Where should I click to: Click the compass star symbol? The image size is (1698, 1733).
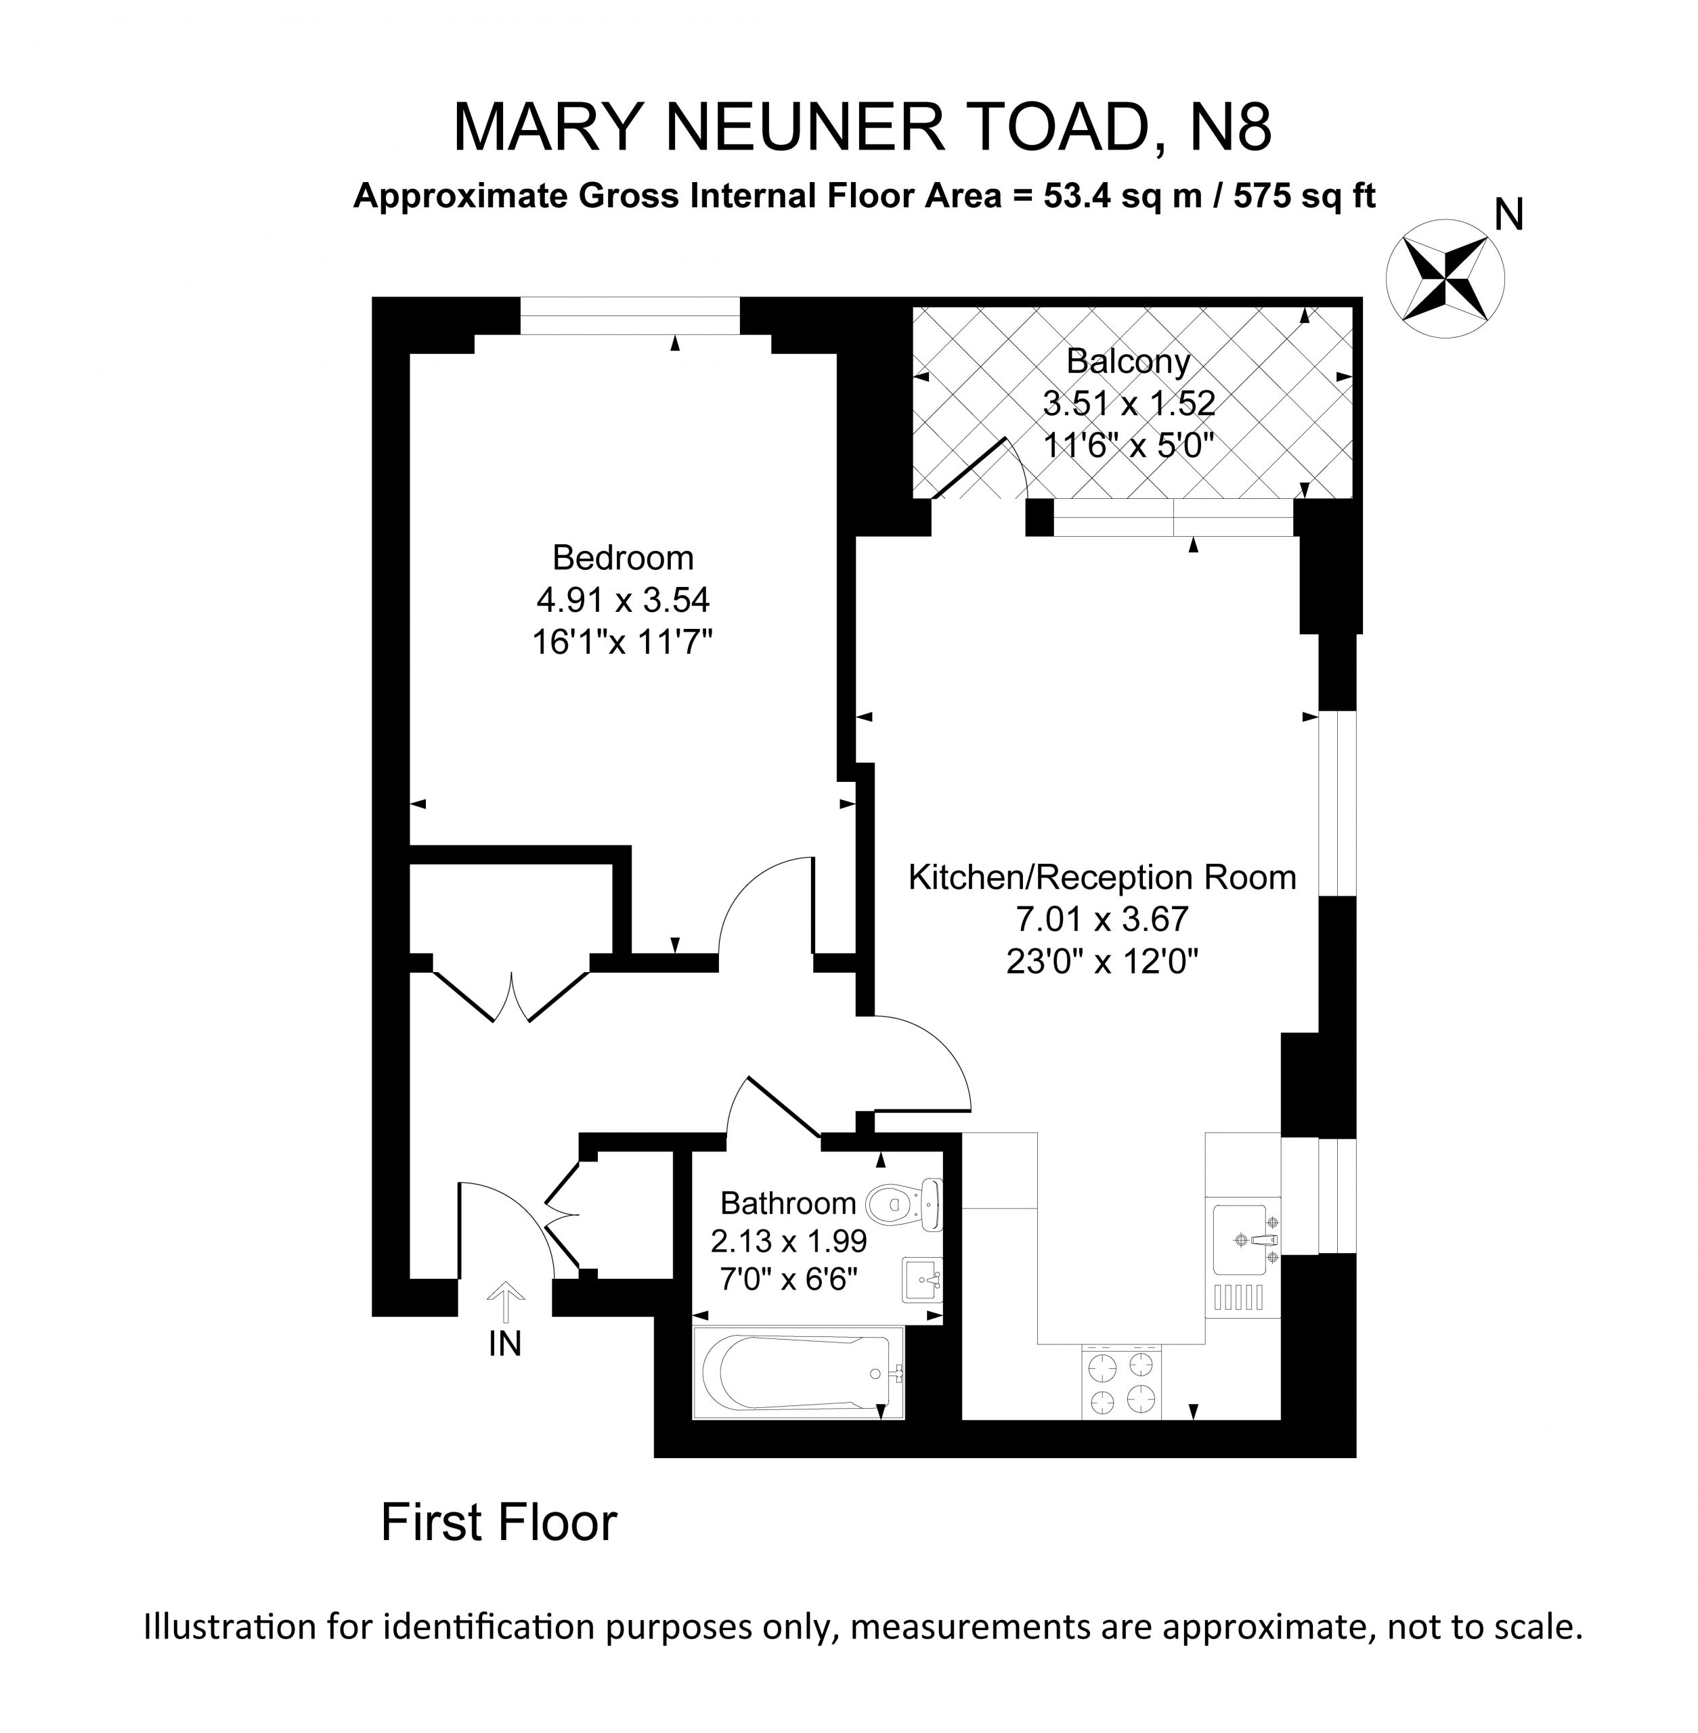pos(1445,278)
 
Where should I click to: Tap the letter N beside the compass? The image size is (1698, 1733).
pos(1509,215)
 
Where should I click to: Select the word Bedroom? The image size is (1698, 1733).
pos(622,557)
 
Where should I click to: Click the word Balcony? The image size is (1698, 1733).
pos(1128,361)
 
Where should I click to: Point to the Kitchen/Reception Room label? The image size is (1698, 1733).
pos(1102,877)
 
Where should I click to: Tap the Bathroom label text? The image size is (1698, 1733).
pos(787,1203)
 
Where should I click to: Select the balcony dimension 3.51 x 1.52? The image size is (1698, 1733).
pos(1128,403)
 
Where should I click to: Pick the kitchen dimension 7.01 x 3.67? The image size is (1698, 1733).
pos(1102,918)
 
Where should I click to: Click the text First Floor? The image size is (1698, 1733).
pos(498,1522)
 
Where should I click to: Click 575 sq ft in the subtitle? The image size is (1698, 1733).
pos(1304,196)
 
